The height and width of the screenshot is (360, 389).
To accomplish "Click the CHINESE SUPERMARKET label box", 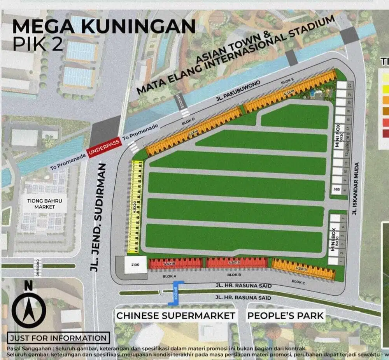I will tap(176, 315).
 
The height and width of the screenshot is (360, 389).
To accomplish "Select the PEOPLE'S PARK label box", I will tap(286, 315).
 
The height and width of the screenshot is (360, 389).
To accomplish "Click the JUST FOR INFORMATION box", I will tap(58, 338).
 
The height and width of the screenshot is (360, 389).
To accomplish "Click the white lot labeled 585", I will tap(337, 190).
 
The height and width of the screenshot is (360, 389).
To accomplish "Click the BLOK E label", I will tap(287, 81).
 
